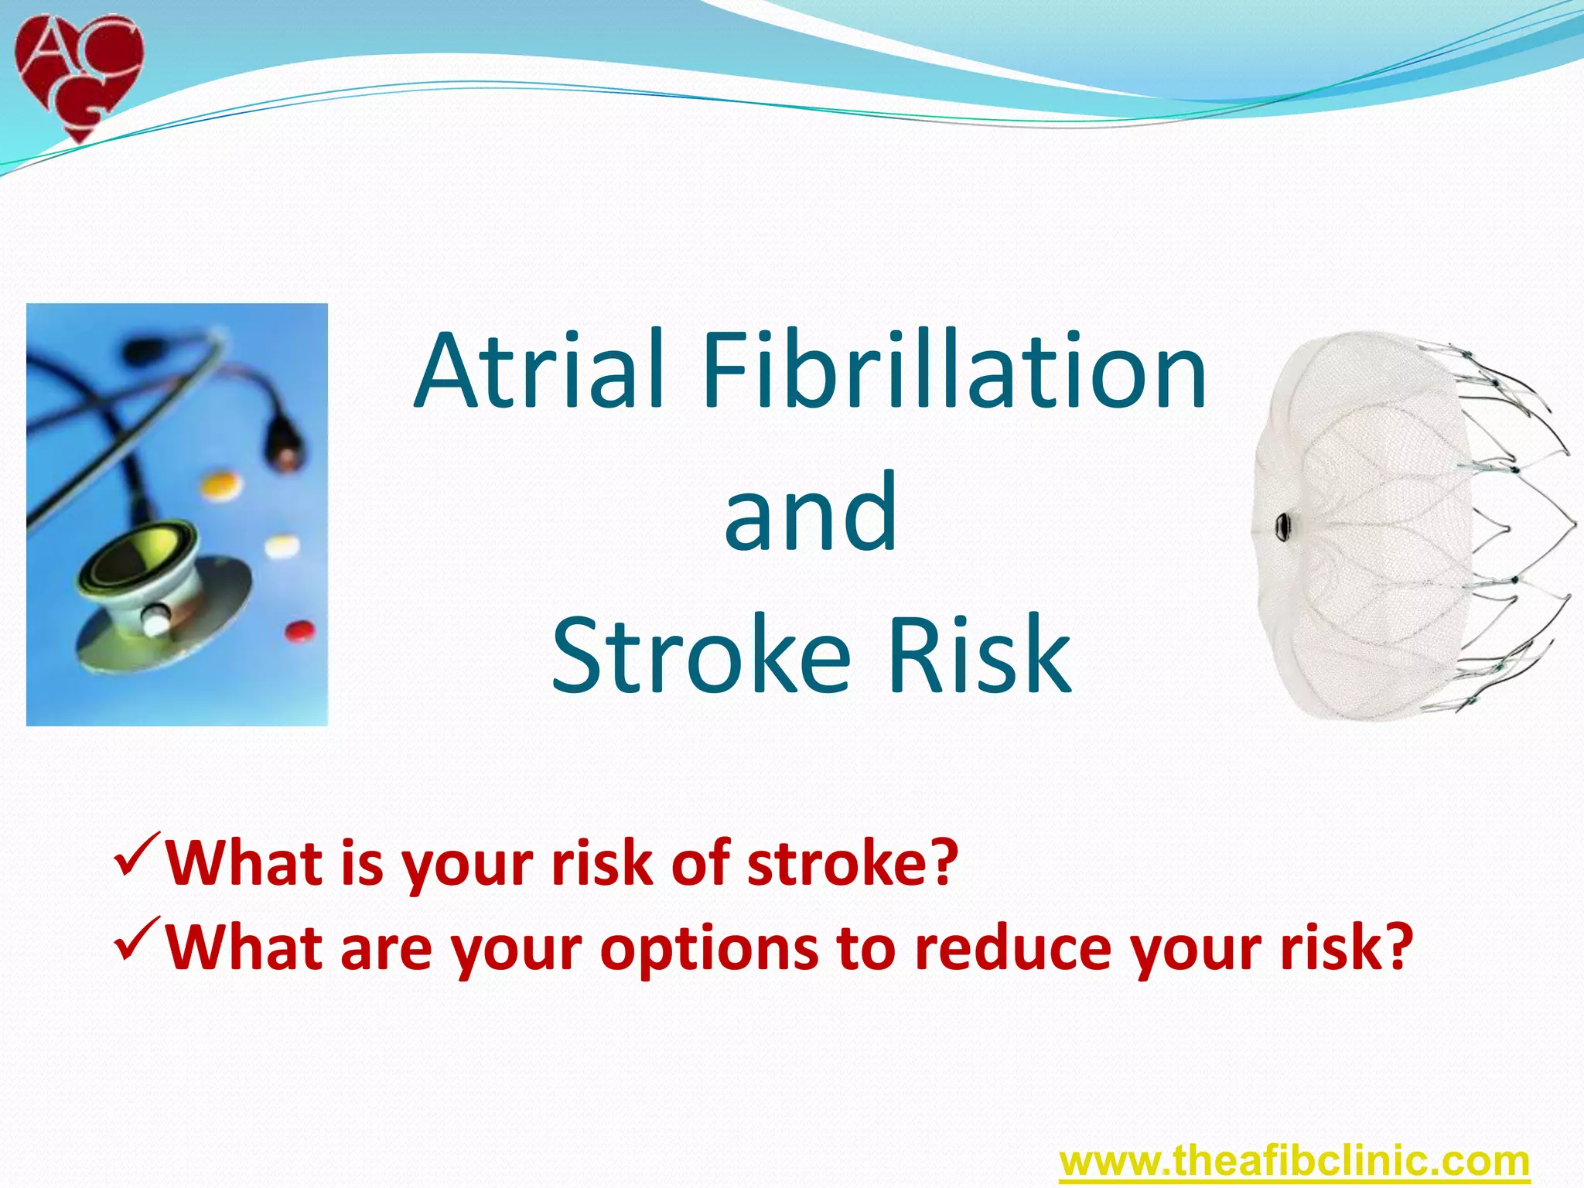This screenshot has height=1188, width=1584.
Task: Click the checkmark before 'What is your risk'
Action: (137, 852)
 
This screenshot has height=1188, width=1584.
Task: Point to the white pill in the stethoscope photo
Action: (282, 546)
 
